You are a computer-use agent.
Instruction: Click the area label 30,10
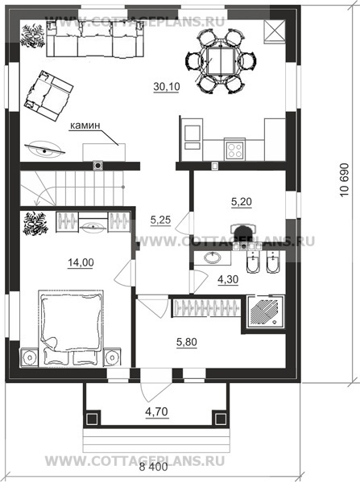click(x=167, y=87)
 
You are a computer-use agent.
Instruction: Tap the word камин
click(x=85, y=126)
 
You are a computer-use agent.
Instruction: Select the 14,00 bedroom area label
click(x=81, y=262)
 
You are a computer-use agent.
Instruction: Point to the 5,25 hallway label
click(x=160, y=220)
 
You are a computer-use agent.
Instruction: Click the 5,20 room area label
click(x=242, y=202)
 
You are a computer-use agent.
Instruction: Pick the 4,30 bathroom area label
click(x=228, y=279)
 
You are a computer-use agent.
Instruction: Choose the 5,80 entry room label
click(x=187, y=342)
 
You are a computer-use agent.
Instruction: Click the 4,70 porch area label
click(x=157, y=411)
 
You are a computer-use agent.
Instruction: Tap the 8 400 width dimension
click(x=154, y=468)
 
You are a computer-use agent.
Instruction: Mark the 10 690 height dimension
click(x=345, y=179)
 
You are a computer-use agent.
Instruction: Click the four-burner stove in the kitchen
click(x=234, y=150)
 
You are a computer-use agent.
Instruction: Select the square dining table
click(x=221, y=61)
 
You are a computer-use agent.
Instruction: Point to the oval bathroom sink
click(x=213, y=257)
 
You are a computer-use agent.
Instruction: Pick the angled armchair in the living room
click(x=48, y=96)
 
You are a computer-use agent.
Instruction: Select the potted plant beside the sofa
click(x=33, y=35)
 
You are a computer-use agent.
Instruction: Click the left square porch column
click(x=92, y=418)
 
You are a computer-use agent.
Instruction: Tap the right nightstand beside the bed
click(x=112, y=357)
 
